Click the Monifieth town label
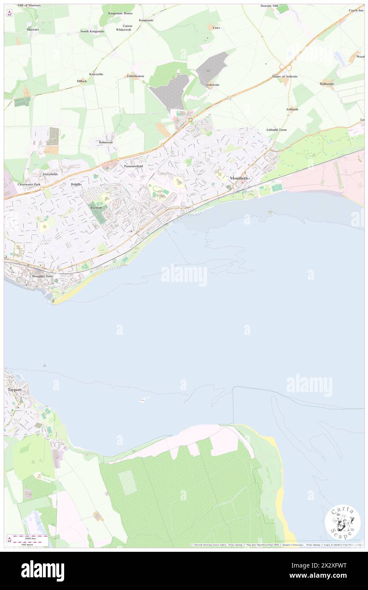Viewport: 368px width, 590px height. tap(239, 178)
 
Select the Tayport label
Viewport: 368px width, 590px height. tap(14, 389)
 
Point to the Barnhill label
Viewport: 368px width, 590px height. tap(96, 207)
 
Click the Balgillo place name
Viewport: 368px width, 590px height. tap(76, 185)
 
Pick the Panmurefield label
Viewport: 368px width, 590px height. tap(133, 166)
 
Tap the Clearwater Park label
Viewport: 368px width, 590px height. tap(29, 185)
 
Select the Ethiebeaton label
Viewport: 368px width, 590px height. tap(136, 76)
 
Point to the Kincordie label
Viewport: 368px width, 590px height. tap(96, 74)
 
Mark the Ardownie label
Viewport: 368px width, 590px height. tap(212, 84)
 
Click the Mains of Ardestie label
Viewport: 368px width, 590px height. tap(285, 76)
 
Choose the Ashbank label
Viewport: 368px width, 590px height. tap(292, 109)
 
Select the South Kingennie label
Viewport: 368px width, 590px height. tap(92, 31)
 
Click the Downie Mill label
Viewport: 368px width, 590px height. tap(269, 6)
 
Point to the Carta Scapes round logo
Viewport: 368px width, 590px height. tap(343, 522)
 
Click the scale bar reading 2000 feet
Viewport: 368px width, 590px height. tap(30, 537)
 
